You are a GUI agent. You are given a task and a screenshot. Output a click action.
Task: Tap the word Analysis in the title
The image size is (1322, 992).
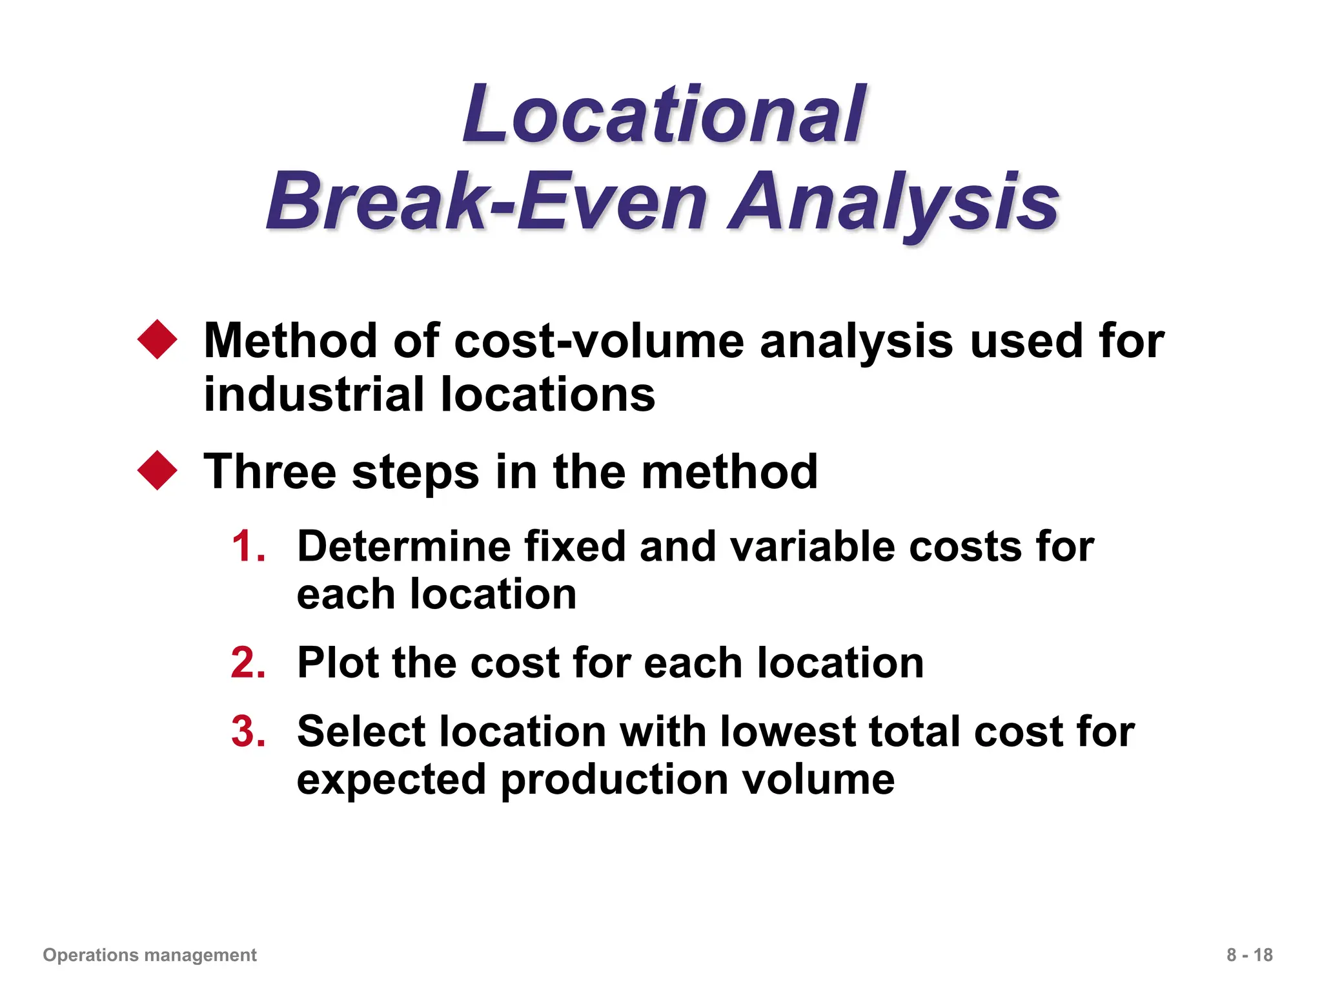pyautogui.click(x=893, y=201)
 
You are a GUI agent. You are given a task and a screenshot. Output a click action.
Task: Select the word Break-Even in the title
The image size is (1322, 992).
pyautogui.click(x=487, y=201)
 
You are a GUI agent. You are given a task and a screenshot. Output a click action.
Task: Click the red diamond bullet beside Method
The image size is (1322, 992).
pyautogui.click(x=158, y=339)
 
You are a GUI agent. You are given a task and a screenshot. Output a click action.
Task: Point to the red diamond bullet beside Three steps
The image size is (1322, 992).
pyautogui.click(x=158, y=470)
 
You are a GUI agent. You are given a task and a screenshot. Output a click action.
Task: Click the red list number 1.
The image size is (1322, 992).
pyautogui.click(x=249, y=546)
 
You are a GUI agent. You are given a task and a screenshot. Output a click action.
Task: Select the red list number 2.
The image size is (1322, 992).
pyautogui.click(x=249, y=663)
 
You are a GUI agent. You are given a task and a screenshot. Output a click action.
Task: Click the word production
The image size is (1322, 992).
pyautogui.click(x=613, y=780)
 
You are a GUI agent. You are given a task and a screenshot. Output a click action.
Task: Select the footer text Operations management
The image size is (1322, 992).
pyautogui.click(x=150, y=955)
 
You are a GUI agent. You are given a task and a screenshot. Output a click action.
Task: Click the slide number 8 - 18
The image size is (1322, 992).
pyautogui.click(x=1249, y=955)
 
